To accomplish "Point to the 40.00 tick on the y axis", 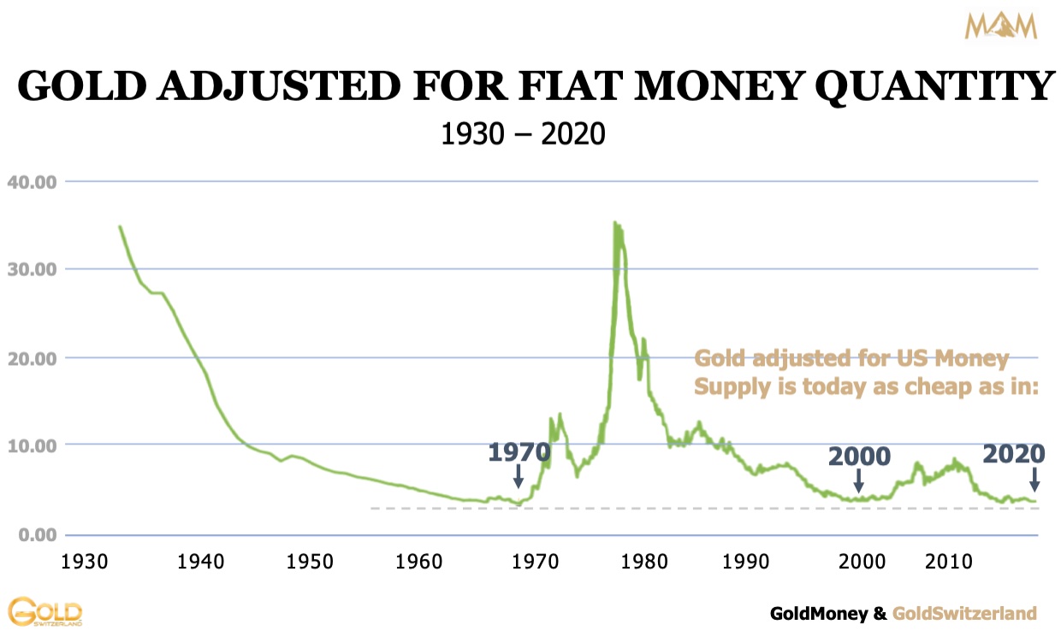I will pos(32,181).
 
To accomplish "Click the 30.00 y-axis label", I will pos(32,269).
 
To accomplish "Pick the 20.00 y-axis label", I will pos(32,358).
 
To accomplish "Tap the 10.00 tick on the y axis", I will pos(32,446).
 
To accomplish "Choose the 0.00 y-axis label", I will pos(35,535).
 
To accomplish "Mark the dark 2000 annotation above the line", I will pos(859,456).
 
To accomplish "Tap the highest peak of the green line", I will pos(614,224).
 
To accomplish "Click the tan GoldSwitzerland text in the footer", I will pos(964,613).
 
